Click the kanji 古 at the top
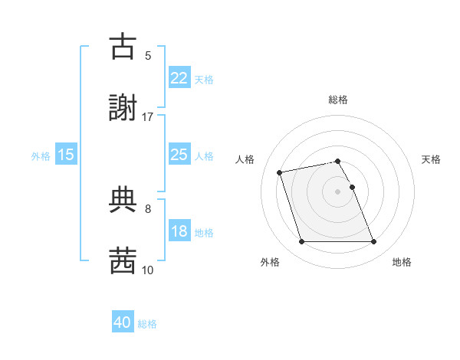click(123, 47)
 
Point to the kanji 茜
click(123, 260)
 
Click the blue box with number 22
click(179, 78)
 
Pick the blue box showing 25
click(179, 155)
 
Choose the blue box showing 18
click(179, 231)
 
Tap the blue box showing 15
click(66, 155)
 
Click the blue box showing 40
click(123, 323)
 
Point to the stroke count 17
click(148, 116)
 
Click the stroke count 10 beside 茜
click(148, 270)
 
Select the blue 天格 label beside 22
click(204, 79)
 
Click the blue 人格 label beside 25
click(204, 155)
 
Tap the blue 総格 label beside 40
click(148, 324)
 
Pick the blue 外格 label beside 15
click(41, 155)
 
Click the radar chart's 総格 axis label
click(338, 100)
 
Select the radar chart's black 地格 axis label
click(402, 262)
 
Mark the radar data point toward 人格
click(280, 172)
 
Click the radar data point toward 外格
click(301, 242)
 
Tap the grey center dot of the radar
click(337, 191)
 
